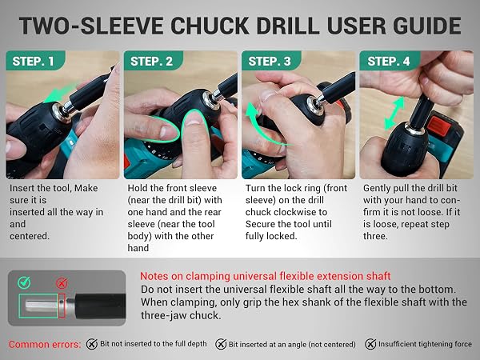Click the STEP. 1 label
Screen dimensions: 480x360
click(x=34, y=62)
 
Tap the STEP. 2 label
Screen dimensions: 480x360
click(x=151, y=62)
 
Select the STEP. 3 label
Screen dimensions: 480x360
click(x=270, y=62)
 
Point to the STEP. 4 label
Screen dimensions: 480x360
click(x=389, y=62)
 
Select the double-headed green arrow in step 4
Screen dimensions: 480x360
click(x=394, y=114)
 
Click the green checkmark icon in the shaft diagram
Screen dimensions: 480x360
click(x=24, y=282)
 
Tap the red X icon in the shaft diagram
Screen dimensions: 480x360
click(x=62, y=283)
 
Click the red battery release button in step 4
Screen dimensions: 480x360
click(x=438, y=126)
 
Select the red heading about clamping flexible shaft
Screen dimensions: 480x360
click(x=265, y=276)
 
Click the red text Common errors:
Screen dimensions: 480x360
click(x=44, y=344)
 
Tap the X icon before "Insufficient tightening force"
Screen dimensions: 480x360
click(x=370, y=344)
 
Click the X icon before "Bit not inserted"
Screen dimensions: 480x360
click(x=92, y=344)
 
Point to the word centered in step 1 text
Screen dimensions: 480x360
click(x=30, y=236)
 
